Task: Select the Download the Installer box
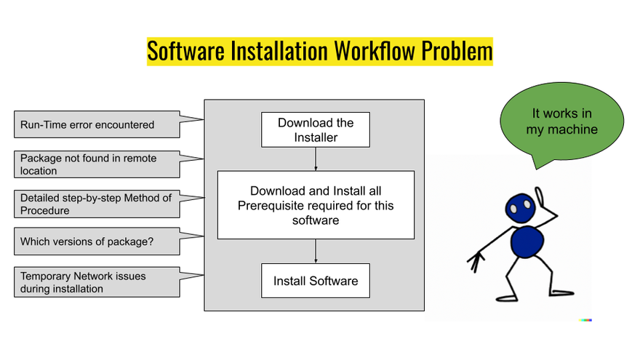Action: point(316,130)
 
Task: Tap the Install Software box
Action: point(316,281)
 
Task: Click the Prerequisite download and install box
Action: point(316,205)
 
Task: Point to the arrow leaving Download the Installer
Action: point(316,159)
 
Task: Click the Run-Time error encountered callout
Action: point(97,124)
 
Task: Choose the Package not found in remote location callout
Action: point(97,164)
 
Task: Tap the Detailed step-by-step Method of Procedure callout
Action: point(97,204)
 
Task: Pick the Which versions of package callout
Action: point(97,241)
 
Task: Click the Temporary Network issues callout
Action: point(97,282)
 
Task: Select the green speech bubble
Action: point(561,121)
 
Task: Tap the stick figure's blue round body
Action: point(527,243)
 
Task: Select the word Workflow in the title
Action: point(368,52)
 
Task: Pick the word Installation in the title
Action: point(277,52)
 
